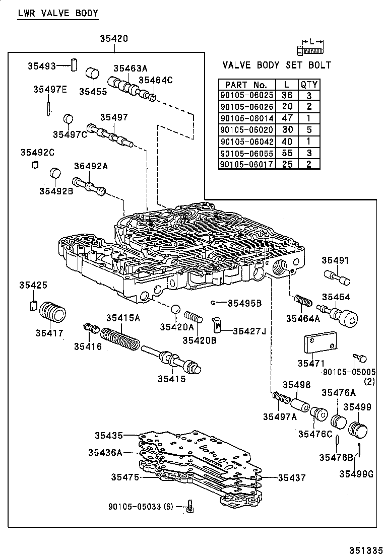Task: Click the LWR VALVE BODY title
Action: pyautogui.click(x=57, y=13)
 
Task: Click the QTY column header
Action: pyautogui.click(x=308, y=85)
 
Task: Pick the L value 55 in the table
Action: pyautogui.click(x=287, y=153)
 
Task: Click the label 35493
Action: pyautogui.click(x=41, y=66)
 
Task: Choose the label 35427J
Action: pyautogui.click(x=249, y=330)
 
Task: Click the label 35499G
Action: pyautogui.click(x=356, y=473)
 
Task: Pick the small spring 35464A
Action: pyautogui.click(x=302, y=303)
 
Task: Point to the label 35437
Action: pyautogui.click(x=292, y=477)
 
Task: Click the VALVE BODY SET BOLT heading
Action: pyautogui.click(x=277, y=65)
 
